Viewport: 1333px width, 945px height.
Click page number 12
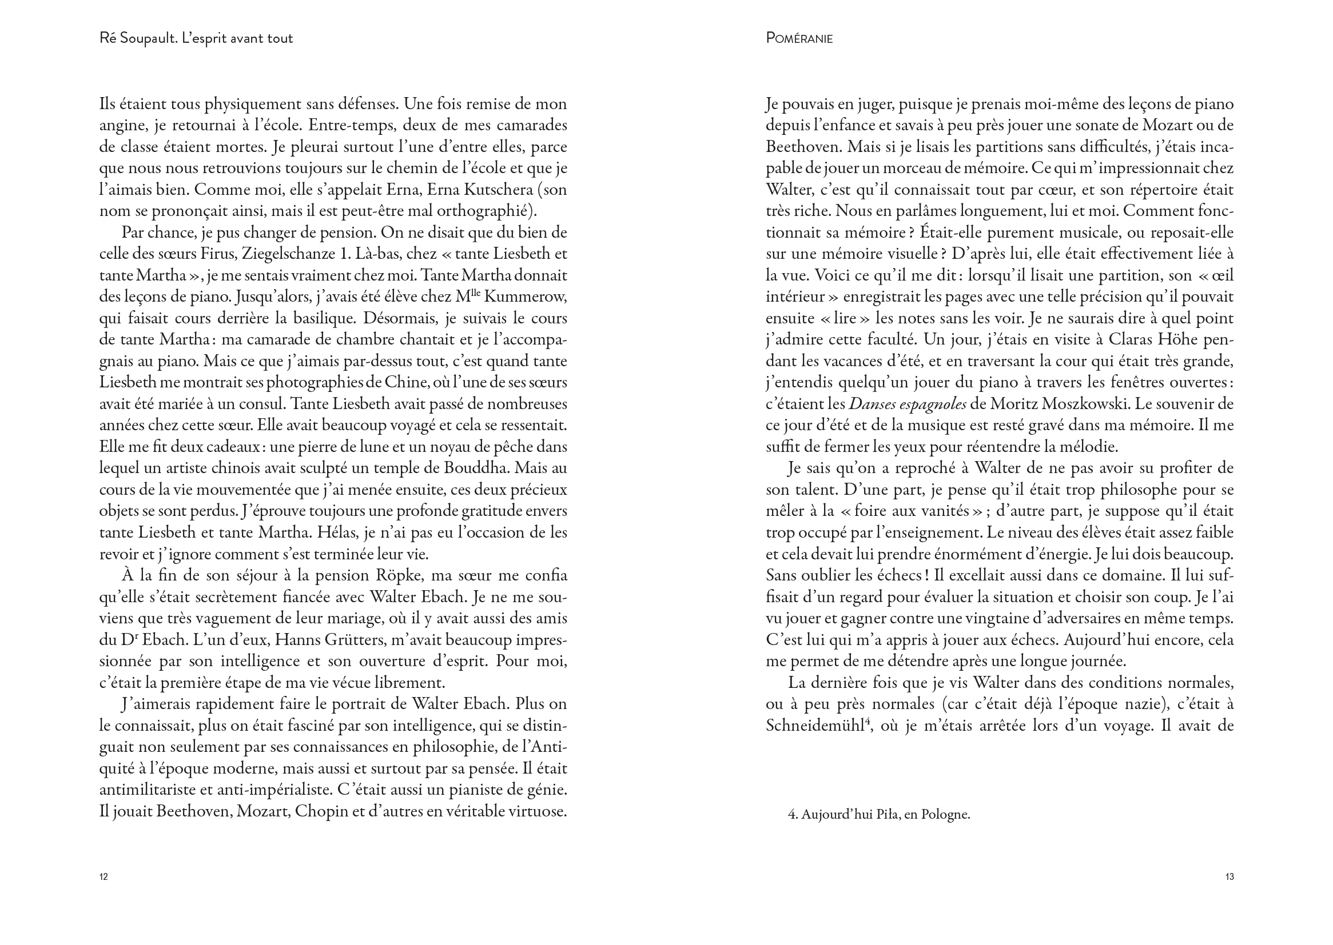(104, 876)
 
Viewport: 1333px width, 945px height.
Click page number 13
(1229, 876)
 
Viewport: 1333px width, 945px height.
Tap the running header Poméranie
(799, 38)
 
